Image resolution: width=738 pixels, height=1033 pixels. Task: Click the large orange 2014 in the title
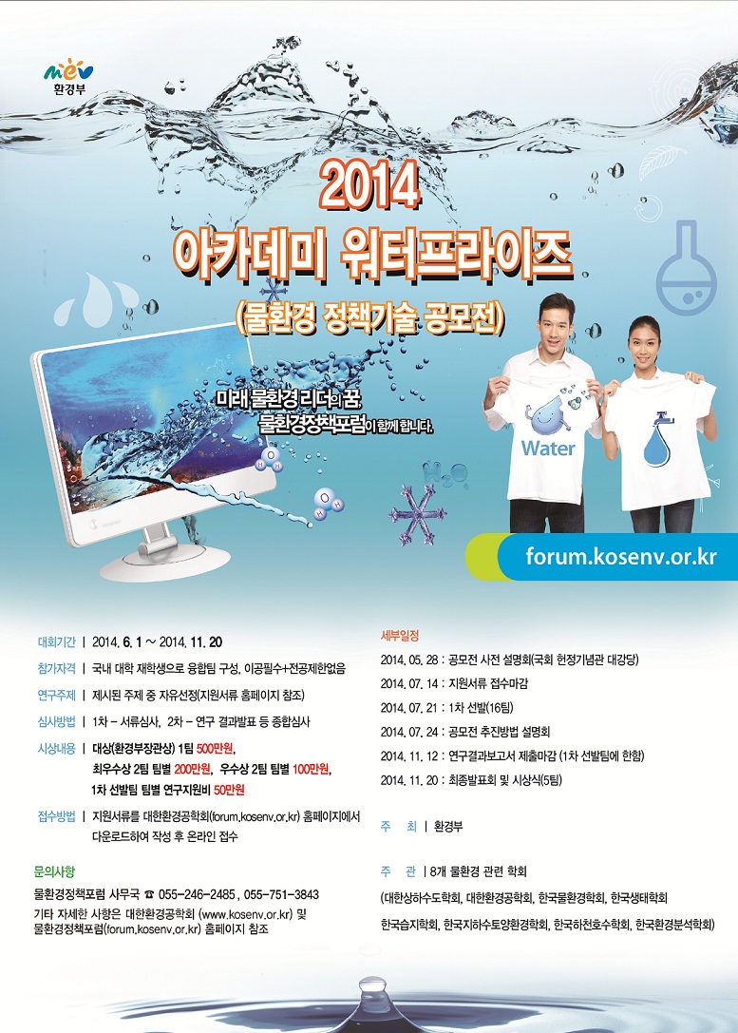(x=369, y=185)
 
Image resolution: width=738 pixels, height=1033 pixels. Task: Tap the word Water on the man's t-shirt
(x=548, y=449)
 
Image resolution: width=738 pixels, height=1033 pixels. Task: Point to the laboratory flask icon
(x=686, y=267)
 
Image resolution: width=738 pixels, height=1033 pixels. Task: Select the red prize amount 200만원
(x=192, y=769)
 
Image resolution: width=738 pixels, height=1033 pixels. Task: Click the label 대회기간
(x=57, y=641)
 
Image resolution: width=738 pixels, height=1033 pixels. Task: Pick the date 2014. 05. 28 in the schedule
(x=408, y=660)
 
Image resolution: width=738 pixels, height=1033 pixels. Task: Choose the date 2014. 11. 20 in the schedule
(x=408, y=780)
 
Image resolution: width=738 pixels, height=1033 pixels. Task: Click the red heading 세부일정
(x=400, y=636)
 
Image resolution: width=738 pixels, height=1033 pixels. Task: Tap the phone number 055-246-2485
(x=197, y=894)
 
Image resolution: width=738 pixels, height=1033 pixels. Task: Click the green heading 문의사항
(x=54, y=871)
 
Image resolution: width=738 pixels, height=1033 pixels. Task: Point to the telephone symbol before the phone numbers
(x=149, y=894)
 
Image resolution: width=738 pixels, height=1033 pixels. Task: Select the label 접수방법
(x=57, y=817)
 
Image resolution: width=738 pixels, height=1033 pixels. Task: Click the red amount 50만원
(x=229, y=790)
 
